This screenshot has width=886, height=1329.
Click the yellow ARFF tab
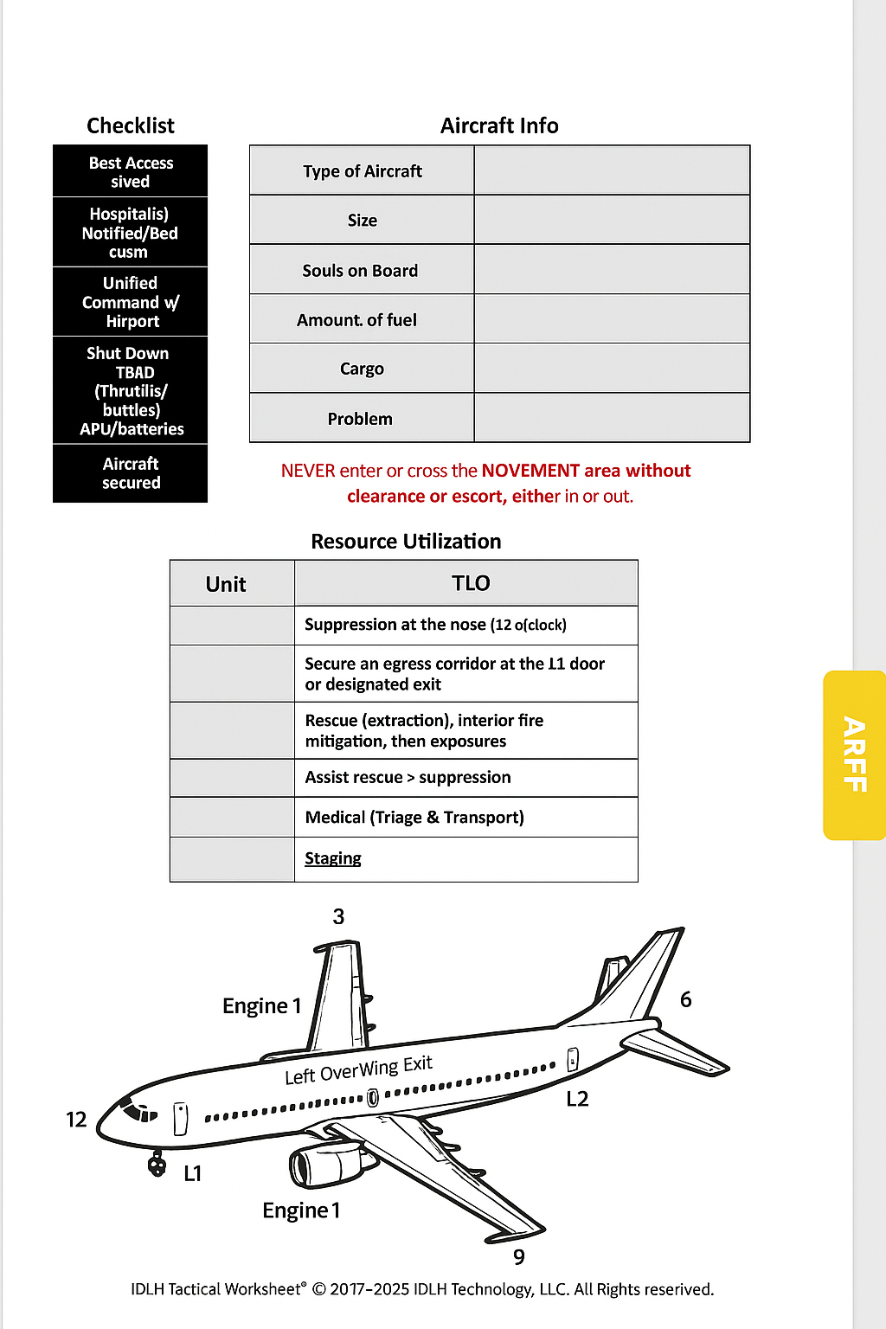click(854, 754)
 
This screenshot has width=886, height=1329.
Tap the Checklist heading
click(131, 126)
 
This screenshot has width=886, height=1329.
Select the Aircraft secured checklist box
click(131, 473)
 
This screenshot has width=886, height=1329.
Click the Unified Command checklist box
click(131, 302)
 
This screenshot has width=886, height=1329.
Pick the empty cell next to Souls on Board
click(612, 270)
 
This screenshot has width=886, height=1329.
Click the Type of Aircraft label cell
click(362, 171)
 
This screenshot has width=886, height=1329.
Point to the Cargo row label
click(362, 369)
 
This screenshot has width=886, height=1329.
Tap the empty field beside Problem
click(612, 419)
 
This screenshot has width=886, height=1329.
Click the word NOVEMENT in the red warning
click(530, 471)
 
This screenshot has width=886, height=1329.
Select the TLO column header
click(470, 584)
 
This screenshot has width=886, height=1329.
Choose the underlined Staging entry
click(333, 858)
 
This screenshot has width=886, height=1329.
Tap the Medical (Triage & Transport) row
click(414, 818)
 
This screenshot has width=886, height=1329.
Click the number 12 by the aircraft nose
click(76, 1120)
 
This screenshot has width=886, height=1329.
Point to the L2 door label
click(577, 1099)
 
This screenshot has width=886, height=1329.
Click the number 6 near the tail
click(685, 1000)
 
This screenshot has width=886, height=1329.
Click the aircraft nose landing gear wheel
click(157, 1165)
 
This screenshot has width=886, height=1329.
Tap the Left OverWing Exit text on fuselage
click(358, 1070)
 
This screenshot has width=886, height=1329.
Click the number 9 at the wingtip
click(518, 1257)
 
